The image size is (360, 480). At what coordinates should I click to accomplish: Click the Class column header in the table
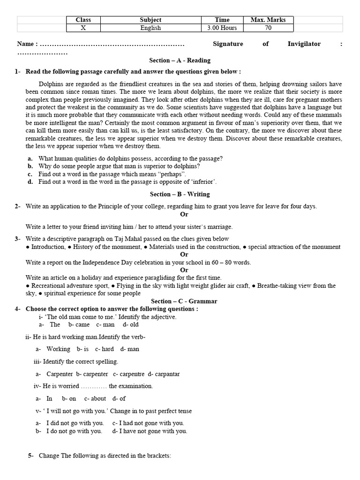(x=83, y=20)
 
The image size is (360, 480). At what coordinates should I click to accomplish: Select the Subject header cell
(x=150, y=20)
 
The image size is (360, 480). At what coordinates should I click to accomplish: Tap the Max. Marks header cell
(x=268, y=20)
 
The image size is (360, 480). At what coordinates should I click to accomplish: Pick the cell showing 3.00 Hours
(x=222, y=28)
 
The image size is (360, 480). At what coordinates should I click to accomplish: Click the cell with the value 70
(x=268, y=28)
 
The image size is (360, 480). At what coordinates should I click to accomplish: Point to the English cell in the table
(x=150, y=28)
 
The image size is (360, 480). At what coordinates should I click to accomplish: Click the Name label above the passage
(x=27, y=44)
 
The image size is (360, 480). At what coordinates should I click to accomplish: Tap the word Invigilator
(x=304, y=44)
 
